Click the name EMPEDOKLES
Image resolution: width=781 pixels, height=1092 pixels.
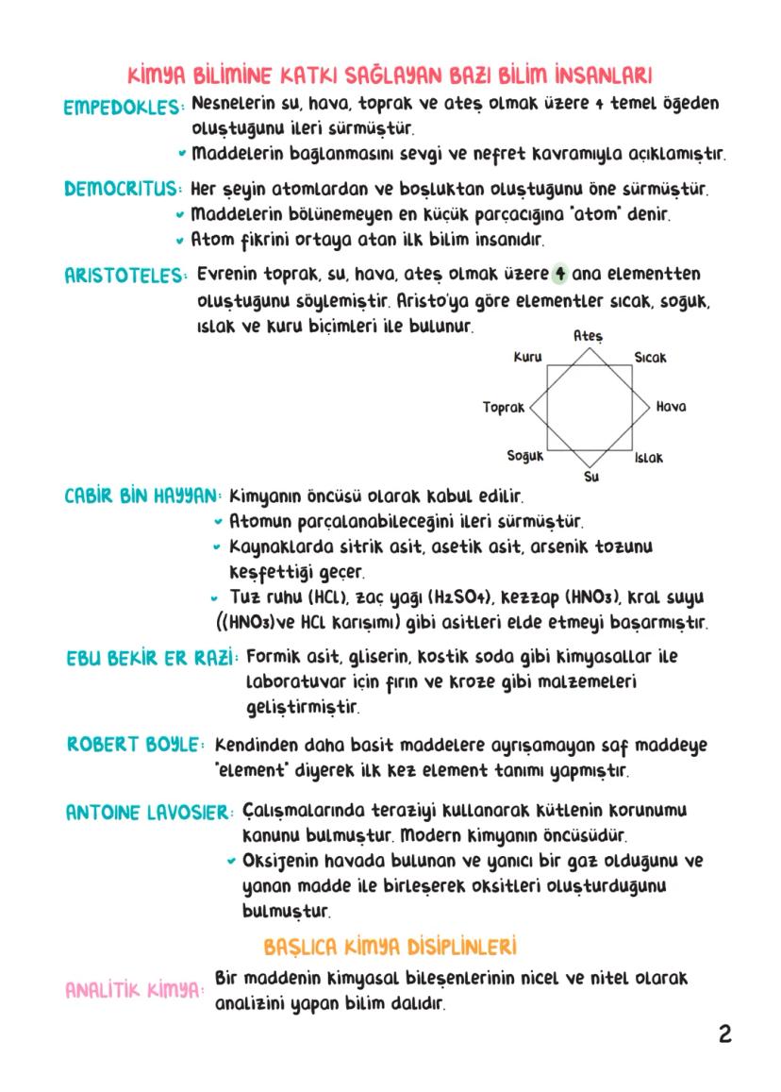click(122, 108)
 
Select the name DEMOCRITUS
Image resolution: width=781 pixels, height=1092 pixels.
click(122, 189)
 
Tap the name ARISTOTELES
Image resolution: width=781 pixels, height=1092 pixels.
click(125, 276)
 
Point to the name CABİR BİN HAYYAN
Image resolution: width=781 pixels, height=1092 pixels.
click(143, 496)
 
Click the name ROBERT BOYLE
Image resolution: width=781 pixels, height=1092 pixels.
click(135, 745)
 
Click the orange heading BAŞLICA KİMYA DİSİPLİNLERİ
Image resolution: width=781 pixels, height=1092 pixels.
click(390, 946)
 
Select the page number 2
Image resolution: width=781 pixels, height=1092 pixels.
click(724, 1034)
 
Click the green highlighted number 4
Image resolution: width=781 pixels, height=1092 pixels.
click(560, 274)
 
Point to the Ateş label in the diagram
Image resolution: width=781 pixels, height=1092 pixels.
click(588, 336)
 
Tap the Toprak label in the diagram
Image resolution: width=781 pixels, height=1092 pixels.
click(503, 407)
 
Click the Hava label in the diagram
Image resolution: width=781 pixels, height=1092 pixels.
click(671, 407)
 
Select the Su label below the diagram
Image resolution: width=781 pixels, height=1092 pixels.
click(591, 477)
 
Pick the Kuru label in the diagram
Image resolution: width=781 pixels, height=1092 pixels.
click(527, 358)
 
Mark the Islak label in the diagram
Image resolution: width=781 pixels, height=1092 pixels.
click(648, 457)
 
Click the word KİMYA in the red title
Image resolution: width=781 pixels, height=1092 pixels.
click(157, 75)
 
